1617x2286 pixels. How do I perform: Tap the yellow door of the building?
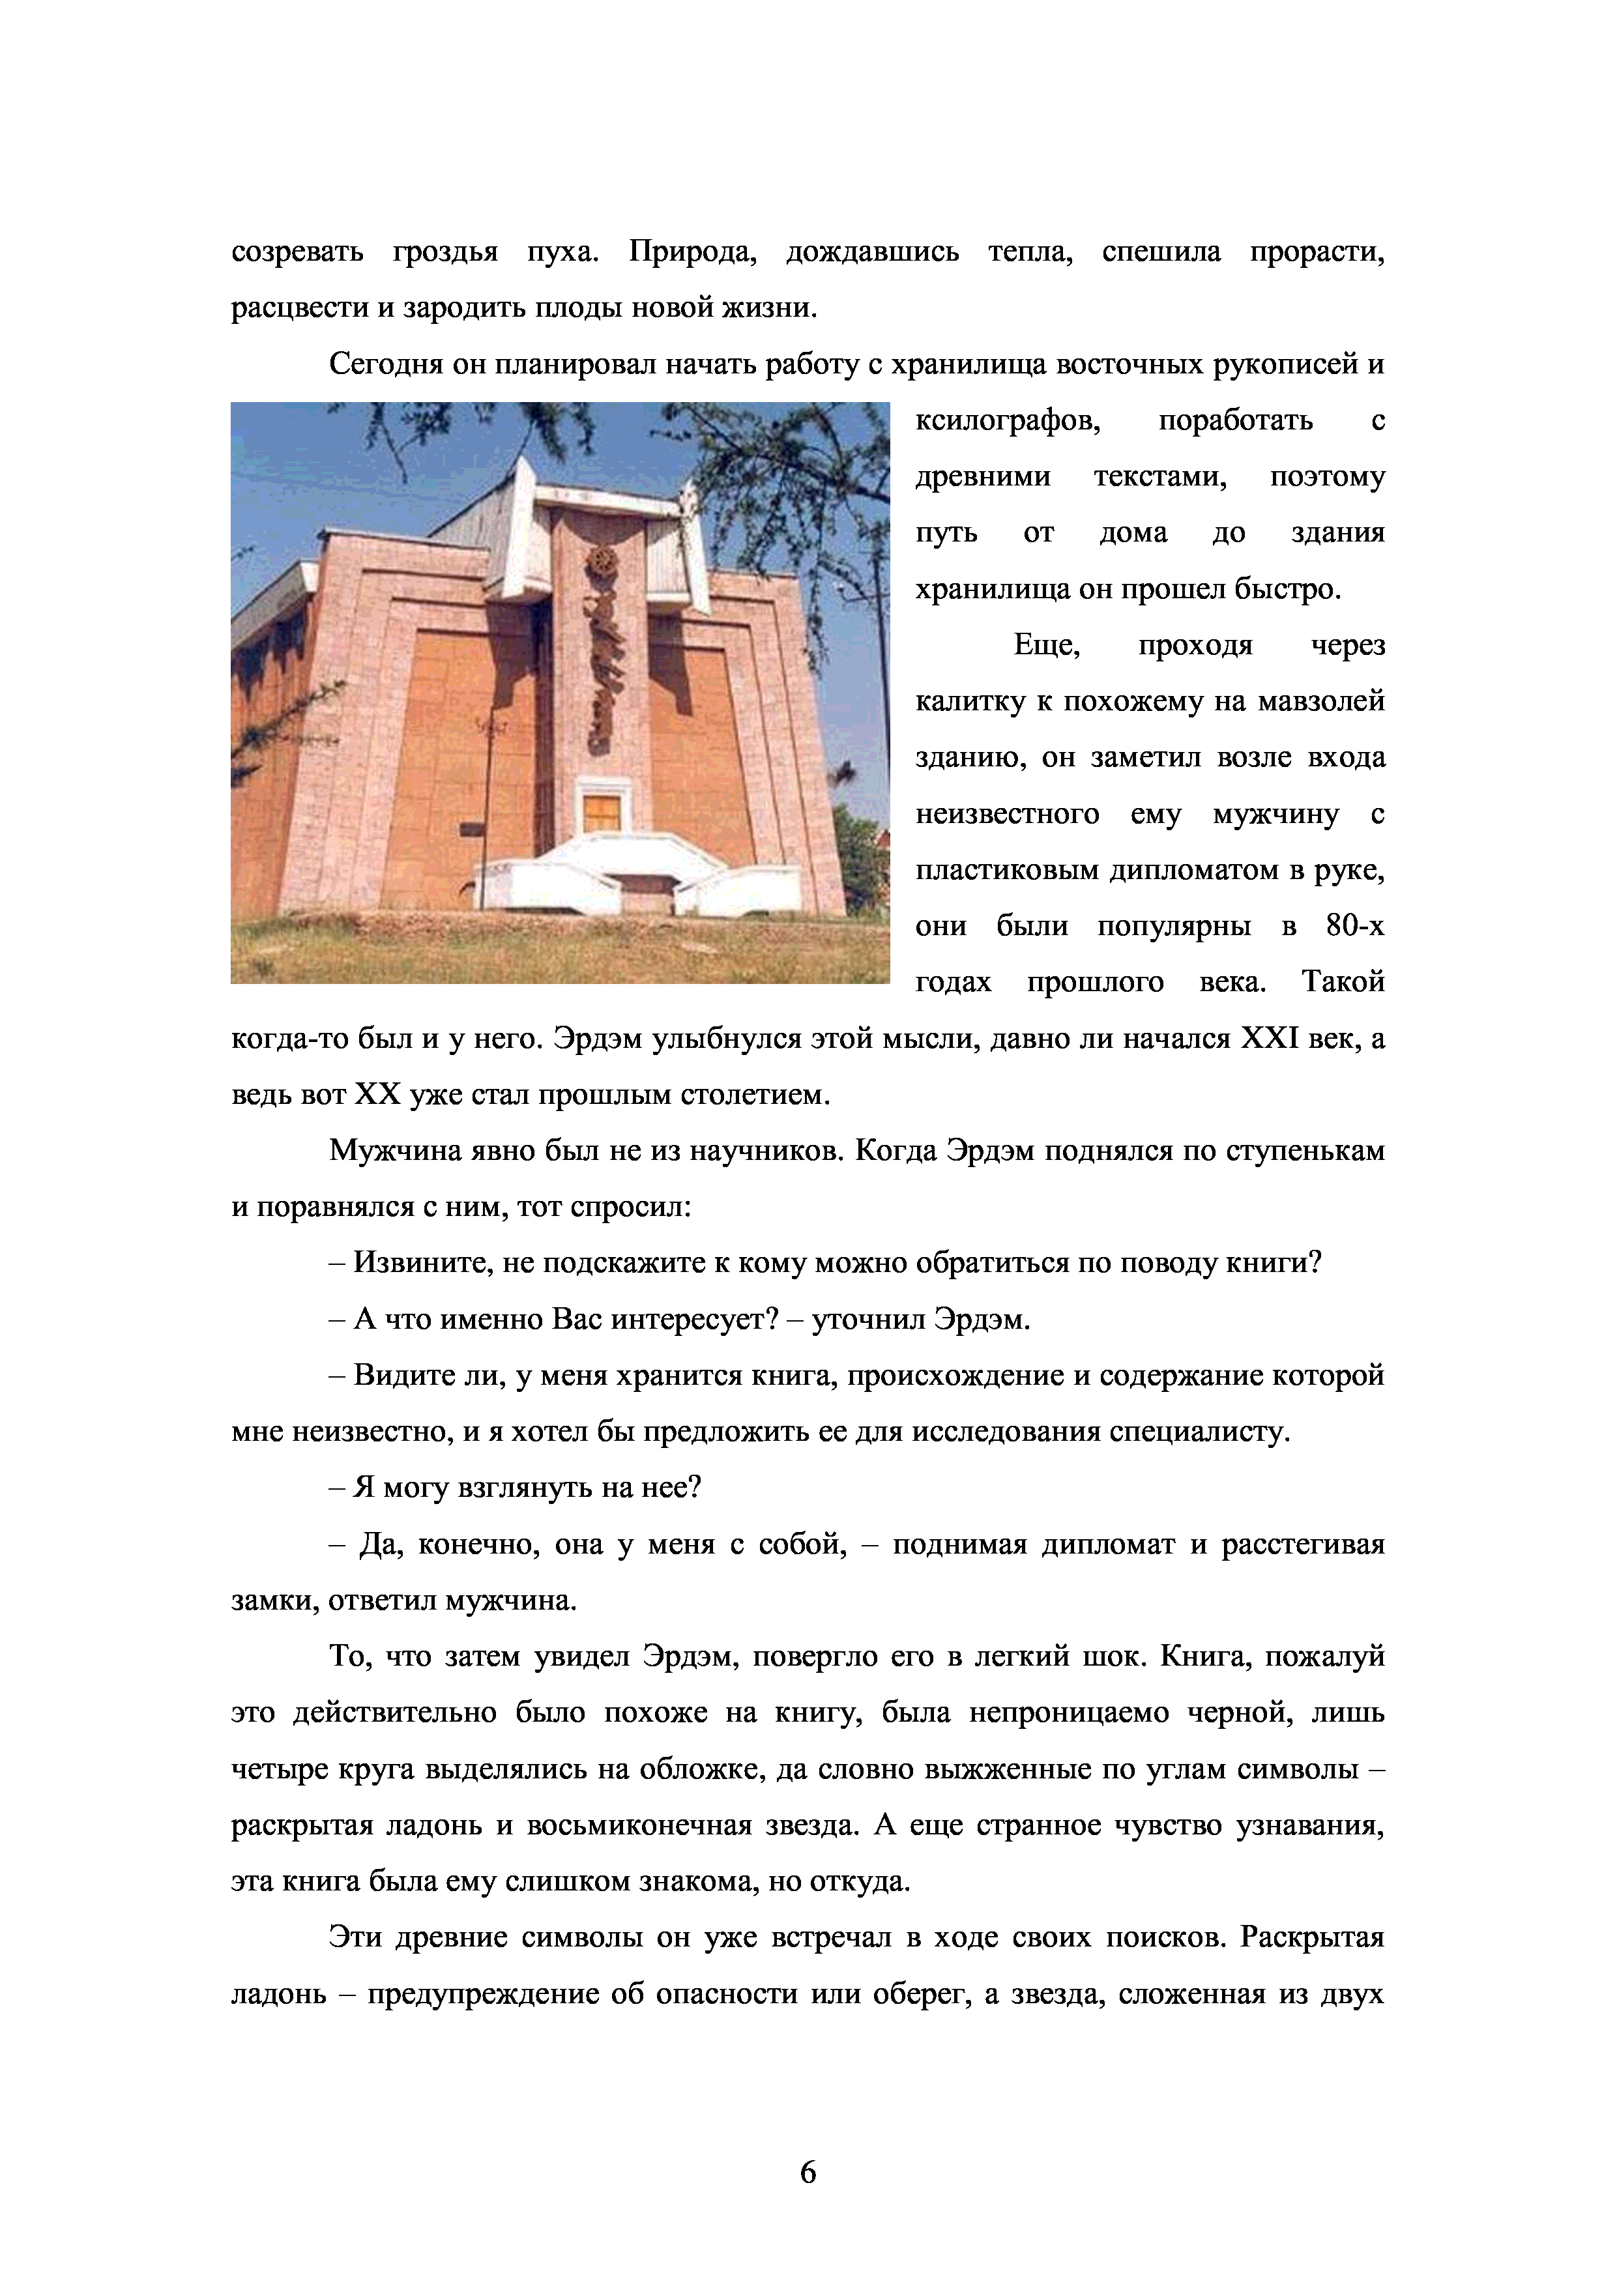[x=602, y=813]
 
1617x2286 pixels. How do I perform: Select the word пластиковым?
[x=1006, y=870]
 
